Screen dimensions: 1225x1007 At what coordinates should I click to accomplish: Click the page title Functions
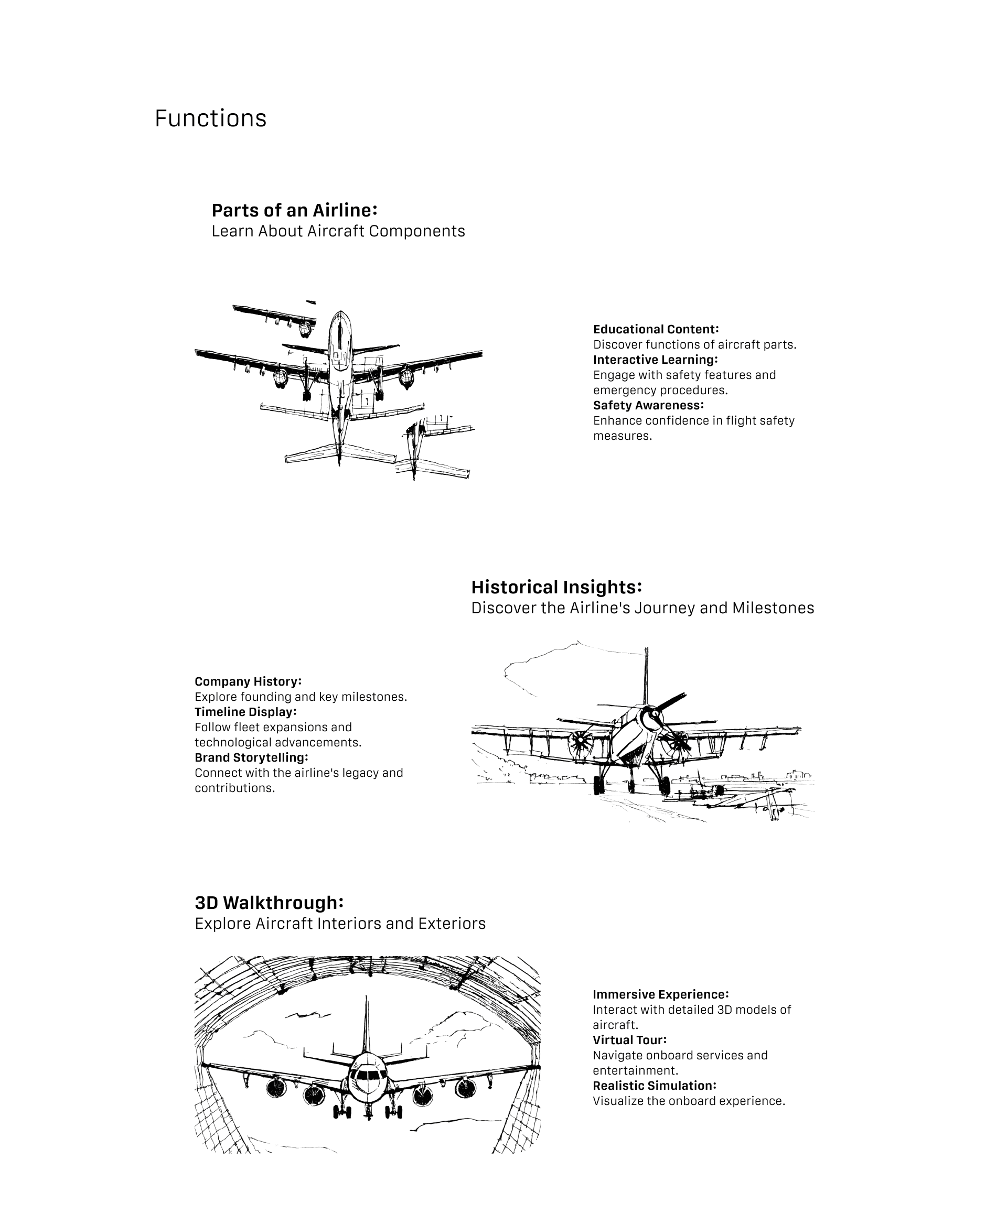[210, 118]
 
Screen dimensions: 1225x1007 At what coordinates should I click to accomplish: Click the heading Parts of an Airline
[295, 210]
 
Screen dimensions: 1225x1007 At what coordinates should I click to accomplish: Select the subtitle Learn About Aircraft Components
[338, 231]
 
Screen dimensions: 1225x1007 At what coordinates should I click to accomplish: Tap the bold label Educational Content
[656, 329]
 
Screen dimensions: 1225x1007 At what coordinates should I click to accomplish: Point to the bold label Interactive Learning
[655, 360]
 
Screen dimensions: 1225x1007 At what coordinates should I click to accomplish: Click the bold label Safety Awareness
[648, 405]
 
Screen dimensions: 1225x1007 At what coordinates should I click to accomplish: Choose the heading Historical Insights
[556, 587]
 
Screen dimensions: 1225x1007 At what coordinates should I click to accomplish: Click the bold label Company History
[248, 681]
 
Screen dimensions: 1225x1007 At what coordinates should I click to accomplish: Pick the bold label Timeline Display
[245, 711]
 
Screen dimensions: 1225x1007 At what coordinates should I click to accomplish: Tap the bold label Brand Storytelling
[251, 757]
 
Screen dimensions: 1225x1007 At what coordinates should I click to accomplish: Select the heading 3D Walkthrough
[269, 903]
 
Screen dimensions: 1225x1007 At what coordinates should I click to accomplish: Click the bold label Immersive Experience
[660, 994]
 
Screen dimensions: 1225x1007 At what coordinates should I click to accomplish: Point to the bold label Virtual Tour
[629, 1039]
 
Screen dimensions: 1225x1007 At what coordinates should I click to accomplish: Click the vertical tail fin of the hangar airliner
[366, 1026]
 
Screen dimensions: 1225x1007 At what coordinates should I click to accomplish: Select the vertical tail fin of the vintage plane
[646, 676]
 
